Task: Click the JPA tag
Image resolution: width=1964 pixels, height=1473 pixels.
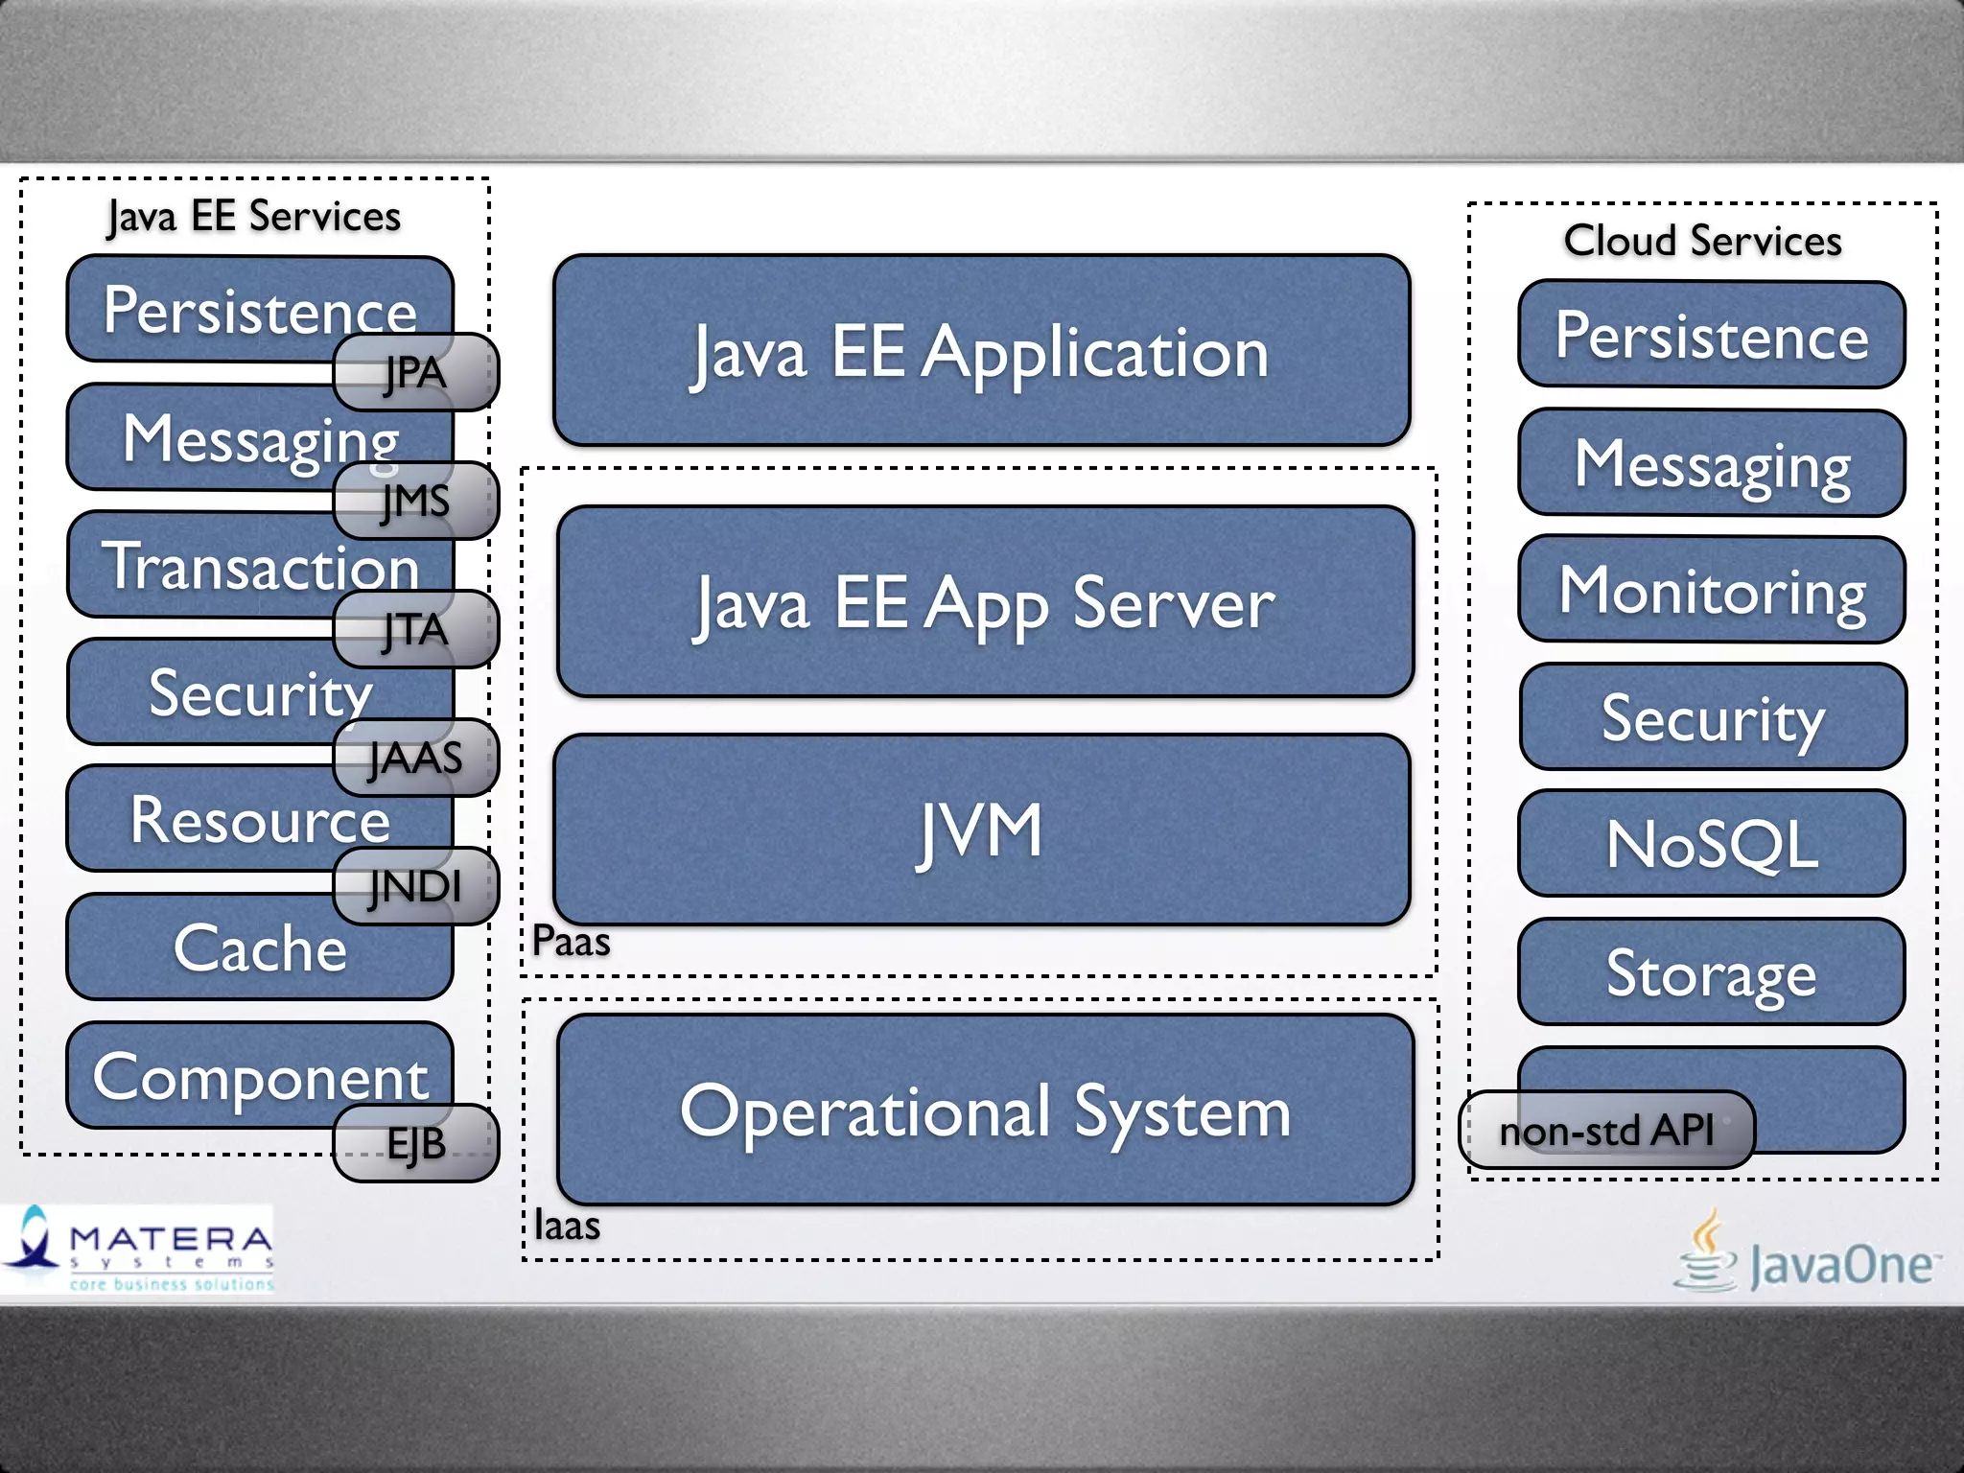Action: tap(415, 372)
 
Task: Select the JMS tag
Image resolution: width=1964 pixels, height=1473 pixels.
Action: tap(415, 501)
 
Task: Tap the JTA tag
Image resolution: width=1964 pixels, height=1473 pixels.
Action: tap(415, 629)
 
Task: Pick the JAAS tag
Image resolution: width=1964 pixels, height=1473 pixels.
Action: tap(415, 758)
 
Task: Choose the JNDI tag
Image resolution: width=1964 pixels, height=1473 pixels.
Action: tap(415, 886)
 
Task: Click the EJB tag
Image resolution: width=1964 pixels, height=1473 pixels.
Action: tap(415, 1143)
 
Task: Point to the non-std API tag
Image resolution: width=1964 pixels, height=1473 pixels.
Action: tap(1606, 1130)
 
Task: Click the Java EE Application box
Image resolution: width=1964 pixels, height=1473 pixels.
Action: tap(981, 351)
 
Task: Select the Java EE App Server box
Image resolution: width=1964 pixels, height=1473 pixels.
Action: tap(985, 602)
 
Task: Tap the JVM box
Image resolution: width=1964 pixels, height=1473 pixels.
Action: tap(981, 830)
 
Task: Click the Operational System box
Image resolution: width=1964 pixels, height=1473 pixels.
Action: tap(985, 1111)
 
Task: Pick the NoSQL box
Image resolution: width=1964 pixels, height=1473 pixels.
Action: tap(1712, 844)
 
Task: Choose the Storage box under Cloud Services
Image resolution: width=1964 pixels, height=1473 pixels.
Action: tap(1712, 972)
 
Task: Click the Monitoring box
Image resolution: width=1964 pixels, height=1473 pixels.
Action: tap(1712, 590)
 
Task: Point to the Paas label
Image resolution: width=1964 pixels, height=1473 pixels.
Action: tap(571, 941)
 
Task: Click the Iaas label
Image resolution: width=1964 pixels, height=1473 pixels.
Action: tap(567, 1226)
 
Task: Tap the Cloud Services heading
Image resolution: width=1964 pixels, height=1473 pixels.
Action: tap(1702, 240)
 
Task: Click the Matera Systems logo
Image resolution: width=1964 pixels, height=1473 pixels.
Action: tap(137, 1249)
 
